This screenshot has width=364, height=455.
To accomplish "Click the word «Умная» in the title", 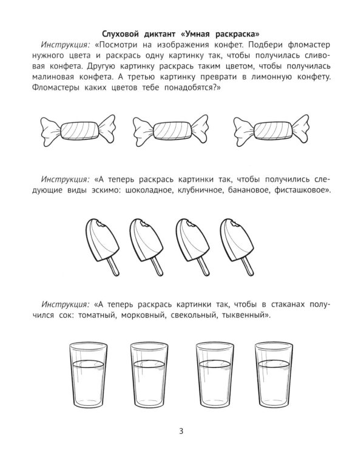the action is (x=195, y=34).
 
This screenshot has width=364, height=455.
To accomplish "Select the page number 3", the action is (x=181, y=431).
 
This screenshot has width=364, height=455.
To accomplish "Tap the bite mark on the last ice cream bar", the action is (x=233, y=223).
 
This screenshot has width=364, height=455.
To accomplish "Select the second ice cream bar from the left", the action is (x=147, y=247).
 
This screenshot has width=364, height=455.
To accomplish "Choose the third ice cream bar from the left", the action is (x=193, y=247).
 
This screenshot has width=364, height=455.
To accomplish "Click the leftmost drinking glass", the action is (x=89, y=375).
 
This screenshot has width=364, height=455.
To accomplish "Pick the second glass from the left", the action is (x=149, y=375).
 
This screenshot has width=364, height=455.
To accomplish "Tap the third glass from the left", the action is (x=214, y=375).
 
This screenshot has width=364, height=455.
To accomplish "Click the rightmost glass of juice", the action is (x=274, y=375).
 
